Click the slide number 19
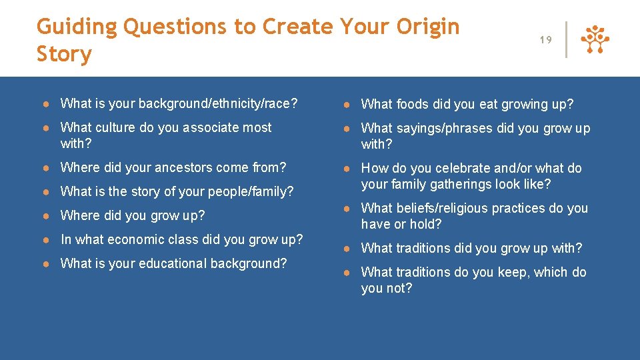(x=545, y=40)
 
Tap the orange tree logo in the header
(x=595, y=40)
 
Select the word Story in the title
(x=64, y=54)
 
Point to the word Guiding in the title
(x=77, y=27)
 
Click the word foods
(x=413, y=104)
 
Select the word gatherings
(x=463, y=184)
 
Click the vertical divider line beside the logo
(x=566, y=40)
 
